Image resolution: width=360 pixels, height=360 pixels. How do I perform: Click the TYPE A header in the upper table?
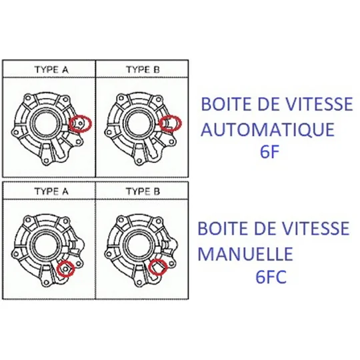51,69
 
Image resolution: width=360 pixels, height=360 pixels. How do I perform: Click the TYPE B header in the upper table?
143,69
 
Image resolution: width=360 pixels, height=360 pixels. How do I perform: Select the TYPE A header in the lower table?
51,191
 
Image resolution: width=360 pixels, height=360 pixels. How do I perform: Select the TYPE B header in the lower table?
143,191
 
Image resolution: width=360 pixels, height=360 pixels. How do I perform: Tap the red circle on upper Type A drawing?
70,123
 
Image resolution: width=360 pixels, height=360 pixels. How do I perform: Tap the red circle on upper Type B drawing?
160,123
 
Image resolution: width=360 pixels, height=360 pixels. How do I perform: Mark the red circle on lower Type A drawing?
57,269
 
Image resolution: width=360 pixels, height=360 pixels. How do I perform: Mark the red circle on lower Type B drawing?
149,267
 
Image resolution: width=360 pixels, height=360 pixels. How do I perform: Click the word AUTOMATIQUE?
267,129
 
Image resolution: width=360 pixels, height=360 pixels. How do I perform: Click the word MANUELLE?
245,254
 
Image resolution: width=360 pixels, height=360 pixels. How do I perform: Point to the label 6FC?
271,277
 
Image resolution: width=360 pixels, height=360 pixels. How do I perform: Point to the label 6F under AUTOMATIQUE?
269,151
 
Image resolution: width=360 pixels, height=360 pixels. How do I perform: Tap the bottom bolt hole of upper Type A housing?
46,161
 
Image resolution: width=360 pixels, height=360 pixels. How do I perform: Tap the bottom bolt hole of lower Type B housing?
139,282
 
